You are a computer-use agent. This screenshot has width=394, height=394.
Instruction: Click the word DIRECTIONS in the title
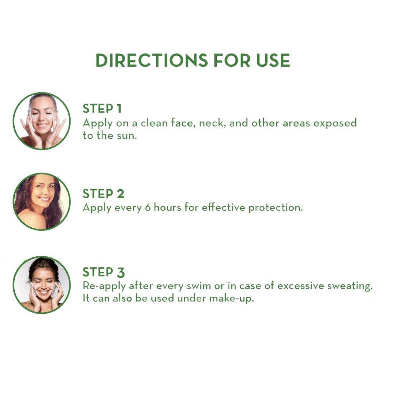(x=152, y=60)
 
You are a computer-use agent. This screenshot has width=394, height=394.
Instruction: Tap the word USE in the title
(x=273, y=60)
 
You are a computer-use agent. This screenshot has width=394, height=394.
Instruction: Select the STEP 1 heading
(x=102, y=109)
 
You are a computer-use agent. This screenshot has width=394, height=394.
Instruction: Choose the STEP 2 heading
(x=104, y=194)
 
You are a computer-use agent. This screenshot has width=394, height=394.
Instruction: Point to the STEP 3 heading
(x=104, y=272)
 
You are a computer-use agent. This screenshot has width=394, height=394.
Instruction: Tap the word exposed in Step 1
(x=335, y=123)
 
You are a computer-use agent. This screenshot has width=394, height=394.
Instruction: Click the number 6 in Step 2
(x=148, y=208)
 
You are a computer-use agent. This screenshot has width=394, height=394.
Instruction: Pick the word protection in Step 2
(x=276, y=208)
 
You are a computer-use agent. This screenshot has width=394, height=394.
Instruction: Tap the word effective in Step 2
(x=224, y=208)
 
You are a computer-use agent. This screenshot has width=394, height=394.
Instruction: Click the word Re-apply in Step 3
(x=104, y=286)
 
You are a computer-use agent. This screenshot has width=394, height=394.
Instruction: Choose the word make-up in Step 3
(x=232, y=298)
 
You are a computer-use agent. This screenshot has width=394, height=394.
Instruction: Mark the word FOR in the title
(x=232, y=60)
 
